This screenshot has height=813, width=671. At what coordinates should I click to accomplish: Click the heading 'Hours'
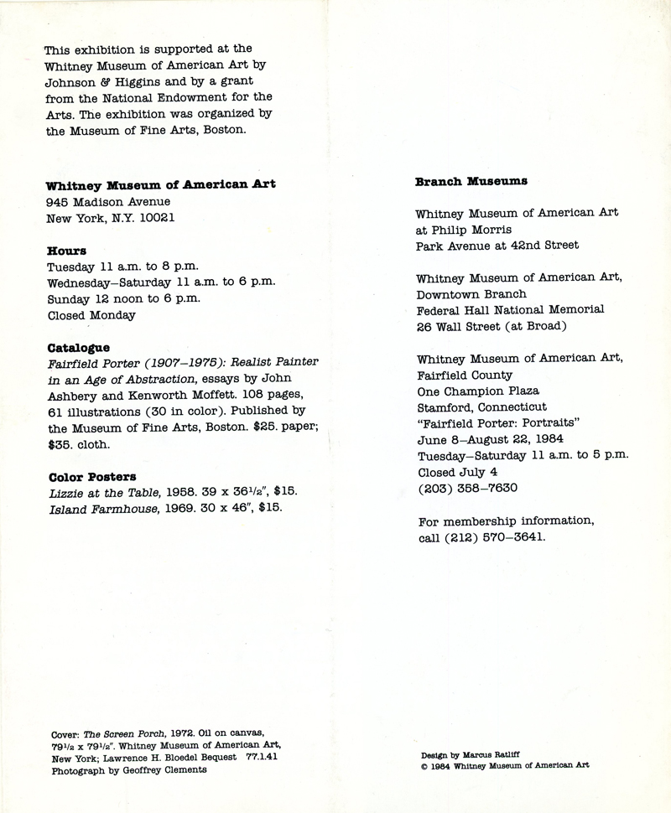pos(66,251)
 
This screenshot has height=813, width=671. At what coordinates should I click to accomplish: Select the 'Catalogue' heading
pos(78,347)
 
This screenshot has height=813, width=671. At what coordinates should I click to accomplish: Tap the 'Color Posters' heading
pos(91,477)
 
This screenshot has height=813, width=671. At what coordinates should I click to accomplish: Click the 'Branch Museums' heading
pos(471,181)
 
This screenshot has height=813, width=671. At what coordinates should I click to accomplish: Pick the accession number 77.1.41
pos(261,758)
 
